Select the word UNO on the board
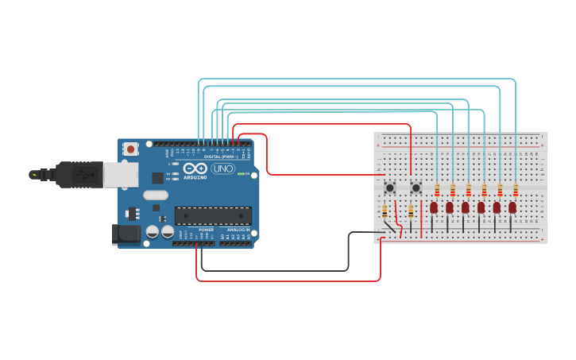(x=222, y=168)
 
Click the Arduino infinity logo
(x=195, y=168)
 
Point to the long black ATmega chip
(x=213, y=215)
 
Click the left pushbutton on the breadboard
(x=390, y=188)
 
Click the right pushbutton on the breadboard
(x=416, y=188)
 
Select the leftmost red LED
(x=434, y=207)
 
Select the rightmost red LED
(x=512, y=207)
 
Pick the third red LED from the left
(x=466, y=207)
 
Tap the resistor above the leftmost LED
(x=437, y=190)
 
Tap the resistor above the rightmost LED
(x=516, y=190)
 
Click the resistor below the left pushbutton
(x=385, y=211)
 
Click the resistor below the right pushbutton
(x=411, y=211)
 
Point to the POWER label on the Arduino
(x=206, y=230)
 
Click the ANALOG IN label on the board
(x=238, y=230)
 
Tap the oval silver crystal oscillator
(x=156, y=195)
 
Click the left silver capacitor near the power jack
(x=152, y=231)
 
